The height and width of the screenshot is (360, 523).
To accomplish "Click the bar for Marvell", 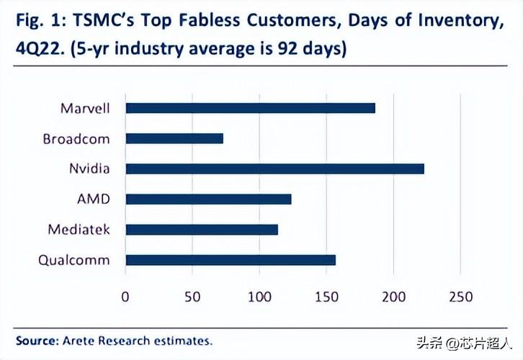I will click(x=250, y=108).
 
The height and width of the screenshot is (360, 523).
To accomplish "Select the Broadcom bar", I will click(x=174, y=138).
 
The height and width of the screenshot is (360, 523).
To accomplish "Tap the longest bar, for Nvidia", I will click(x=274, y=168).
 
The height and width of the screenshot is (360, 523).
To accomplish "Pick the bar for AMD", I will click(x=208, y=199).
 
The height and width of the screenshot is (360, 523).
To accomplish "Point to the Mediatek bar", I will click(x=202, y=230).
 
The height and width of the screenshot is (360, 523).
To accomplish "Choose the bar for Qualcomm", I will click(x=231, y=260).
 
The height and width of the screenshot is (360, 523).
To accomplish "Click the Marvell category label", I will click(x=85, y=108).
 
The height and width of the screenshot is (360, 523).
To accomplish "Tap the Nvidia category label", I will click(x=89, y=168).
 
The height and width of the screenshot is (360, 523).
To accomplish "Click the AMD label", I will click(x=94, y=199).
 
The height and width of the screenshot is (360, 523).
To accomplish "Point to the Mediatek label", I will click(x=79, y=230).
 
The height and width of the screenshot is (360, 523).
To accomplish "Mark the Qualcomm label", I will click(x=75, y=260).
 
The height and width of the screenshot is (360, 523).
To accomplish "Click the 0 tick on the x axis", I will click(x=126, y=297).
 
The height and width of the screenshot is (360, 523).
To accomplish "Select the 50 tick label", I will click(x=192, y=297).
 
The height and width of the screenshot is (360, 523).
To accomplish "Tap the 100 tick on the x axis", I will click(x=259, y=297).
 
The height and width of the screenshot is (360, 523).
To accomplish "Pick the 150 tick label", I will click(x=326, y=297).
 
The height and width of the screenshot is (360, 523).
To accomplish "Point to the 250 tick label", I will click(x=460, y=297).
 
